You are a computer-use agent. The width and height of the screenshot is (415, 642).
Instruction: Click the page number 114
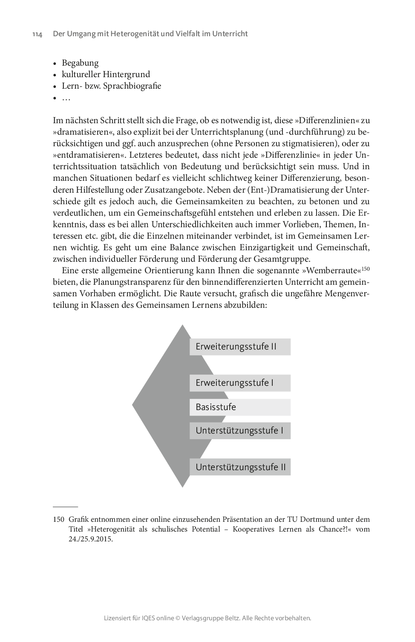(x=37, y=34)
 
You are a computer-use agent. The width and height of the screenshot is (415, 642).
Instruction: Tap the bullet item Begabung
(x=80, y=63)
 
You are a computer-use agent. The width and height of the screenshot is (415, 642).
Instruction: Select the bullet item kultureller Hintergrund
(x=106, y=75)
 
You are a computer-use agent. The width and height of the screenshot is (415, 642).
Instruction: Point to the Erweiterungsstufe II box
(x=240, y=347)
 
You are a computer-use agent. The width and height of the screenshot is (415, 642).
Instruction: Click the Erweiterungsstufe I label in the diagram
(x=235, y=383)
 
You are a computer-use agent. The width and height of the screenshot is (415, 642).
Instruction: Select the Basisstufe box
(x=216, y=407)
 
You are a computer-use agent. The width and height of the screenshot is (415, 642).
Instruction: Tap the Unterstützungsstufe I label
(x=239, y=431)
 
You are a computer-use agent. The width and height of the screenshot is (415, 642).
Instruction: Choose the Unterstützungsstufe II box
(x=240, y=467)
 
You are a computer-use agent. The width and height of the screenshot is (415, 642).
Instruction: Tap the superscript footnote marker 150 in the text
(x=366, y=268)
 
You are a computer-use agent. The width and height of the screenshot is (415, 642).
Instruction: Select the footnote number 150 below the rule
(x=58, y=520)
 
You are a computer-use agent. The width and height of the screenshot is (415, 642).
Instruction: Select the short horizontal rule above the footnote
(x=65, y=507)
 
